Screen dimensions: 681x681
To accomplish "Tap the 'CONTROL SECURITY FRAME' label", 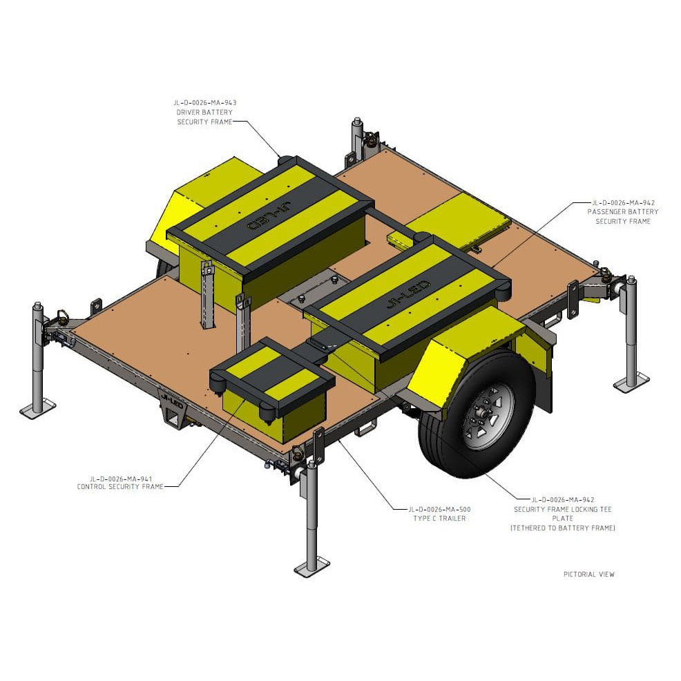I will click(119, 486).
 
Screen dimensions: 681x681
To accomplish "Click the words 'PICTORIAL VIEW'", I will click(588, 574).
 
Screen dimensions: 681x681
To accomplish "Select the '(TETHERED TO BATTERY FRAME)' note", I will click(562, 528).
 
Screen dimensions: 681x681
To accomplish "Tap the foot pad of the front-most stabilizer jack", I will click(311, 568).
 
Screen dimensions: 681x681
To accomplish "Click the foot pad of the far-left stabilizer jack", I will click(37, 409).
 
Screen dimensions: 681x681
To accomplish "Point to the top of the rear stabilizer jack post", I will click(357, 123).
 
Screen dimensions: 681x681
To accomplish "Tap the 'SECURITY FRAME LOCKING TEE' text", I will click(562, 509).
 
